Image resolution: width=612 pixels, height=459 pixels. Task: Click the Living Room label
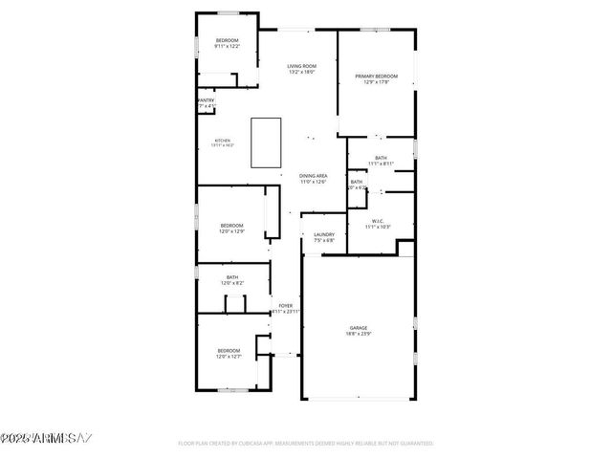click(x=301, y=66)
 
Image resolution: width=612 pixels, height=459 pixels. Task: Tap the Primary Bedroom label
click(x=376, y=76)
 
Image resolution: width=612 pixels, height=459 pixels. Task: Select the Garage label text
click(x=359, y=328)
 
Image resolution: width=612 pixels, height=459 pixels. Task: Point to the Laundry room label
click(x=324, y=234)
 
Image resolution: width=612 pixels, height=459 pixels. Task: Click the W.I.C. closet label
click(x=378, y=221)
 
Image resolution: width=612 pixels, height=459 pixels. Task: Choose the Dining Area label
click(x=314, y=176)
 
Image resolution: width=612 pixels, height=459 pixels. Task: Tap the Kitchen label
click(x=222, y=140)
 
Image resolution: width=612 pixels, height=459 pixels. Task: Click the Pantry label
click(x=206, y=99)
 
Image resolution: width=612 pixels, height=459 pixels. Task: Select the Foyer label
click(x=285, y=306)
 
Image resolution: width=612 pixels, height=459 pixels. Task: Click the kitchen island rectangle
click(x=266, y=143)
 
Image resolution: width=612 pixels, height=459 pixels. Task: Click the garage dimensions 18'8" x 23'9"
click(x=359, y=335)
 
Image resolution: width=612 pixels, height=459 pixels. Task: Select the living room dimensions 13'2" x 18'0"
click(x=301, y=72)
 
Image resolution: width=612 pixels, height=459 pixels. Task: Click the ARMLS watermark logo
click(x=46, y=439)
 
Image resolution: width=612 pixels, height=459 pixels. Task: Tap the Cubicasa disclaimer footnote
click(x=306, y=444)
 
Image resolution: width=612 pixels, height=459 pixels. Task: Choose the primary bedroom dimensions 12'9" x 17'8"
click(x=376, y=82)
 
